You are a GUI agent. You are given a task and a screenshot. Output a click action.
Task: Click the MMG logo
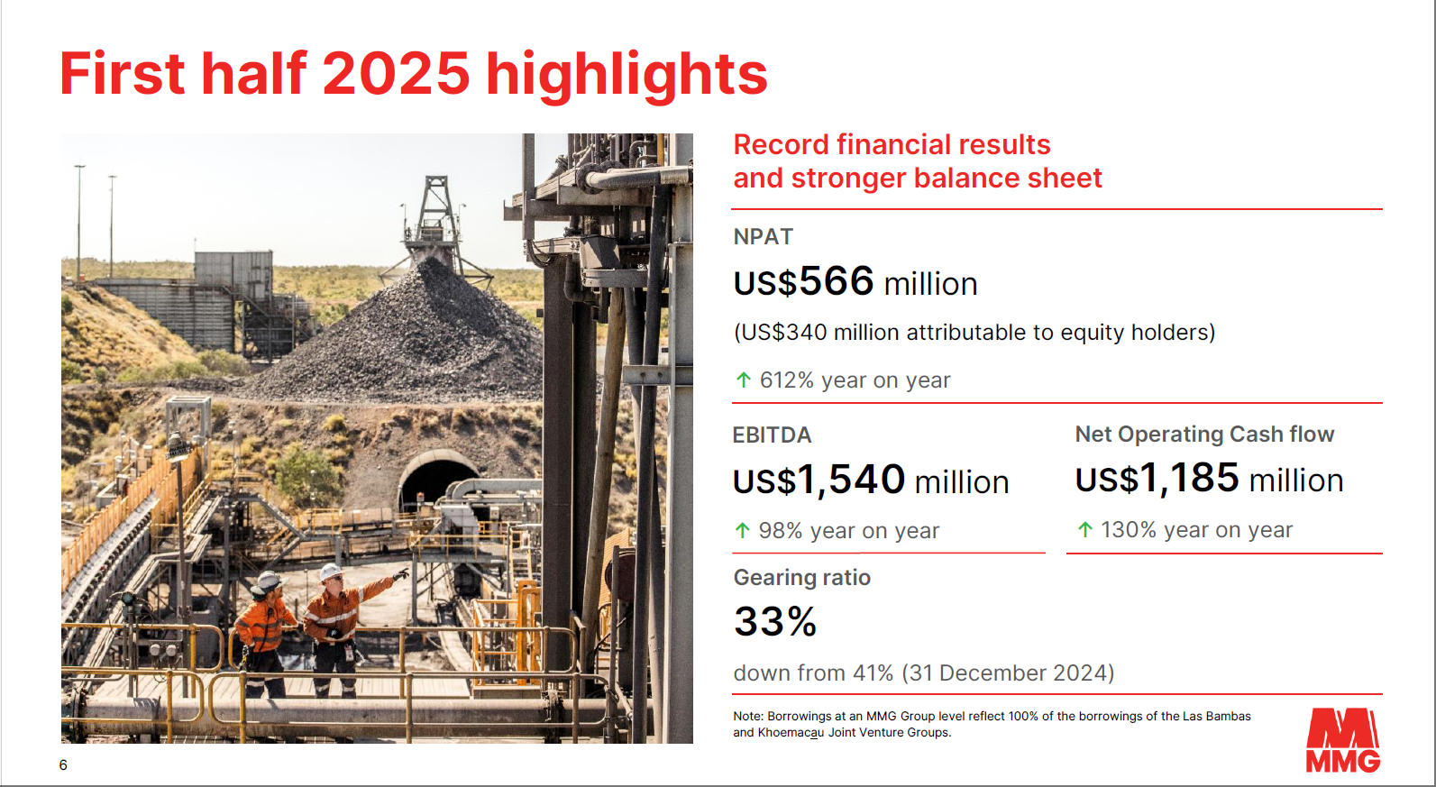coord(1343,739)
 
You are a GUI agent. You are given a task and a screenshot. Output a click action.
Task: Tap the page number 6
coord(63,764)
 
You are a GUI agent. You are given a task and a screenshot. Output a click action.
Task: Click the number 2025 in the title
coord(396,73)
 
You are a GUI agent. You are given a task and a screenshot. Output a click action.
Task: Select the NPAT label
coord(763,236)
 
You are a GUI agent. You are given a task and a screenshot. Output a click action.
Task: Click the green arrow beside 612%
coord(744,380)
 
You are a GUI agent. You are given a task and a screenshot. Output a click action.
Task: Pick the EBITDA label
coord(772,435)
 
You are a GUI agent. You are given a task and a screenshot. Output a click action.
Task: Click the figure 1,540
coord(851,480)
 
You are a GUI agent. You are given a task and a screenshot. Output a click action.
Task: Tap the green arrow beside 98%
coord(743,531)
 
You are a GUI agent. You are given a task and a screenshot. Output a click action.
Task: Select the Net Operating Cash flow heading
coord(1204,434)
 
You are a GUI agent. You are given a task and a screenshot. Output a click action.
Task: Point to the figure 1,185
coord(1189,478)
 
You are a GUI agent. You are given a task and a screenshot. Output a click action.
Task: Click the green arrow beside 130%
coord(1084,529)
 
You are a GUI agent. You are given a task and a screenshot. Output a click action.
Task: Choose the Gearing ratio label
coord(802,578)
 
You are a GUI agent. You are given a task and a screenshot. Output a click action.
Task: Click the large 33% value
coord(775,622)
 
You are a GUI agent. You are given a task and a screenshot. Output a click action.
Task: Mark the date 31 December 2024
coord(1007,673)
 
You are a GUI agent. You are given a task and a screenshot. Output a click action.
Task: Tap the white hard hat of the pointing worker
coord(331,571)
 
